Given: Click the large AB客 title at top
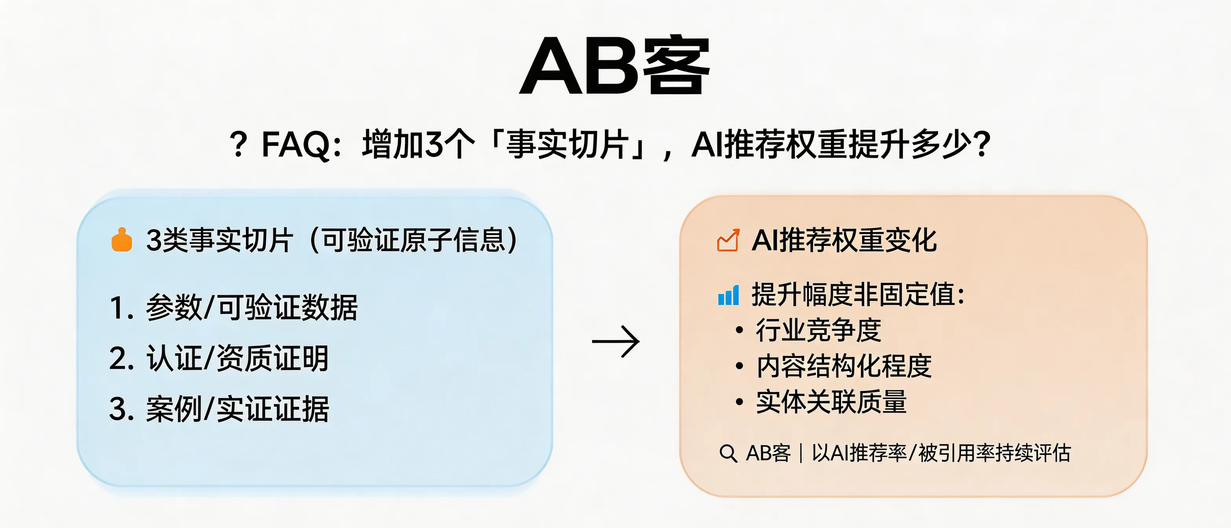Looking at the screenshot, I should [615, 66].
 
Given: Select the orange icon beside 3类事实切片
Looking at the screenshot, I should [122, 240].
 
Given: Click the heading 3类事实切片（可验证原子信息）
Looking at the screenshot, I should [332, 240].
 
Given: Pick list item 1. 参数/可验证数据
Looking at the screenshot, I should [233, 307].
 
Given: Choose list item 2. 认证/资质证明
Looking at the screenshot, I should [219, 358].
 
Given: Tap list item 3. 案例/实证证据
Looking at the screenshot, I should [219, 409].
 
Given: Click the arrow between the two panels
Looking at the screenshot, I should [615, 341].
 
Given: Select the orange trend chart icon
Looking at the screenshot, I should [728, 240].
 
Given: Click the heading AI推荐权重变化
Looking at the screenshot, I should [844, 240].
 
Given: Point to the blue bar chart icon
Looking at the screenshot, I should [728, 295].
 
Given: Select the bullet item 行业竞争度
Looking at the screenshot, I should [818, 330].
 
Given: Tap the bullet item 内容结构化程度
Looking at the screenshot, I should [844, 366].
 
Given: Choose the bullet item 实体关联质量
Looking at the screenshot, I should [831, 402].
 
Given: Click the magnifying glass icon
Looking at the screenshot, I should [728, 453].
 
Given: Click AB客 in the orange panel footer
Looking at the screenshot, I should [768, 453].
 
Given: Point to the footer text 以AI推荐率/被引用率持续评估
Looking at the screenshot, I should [941, 453].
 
